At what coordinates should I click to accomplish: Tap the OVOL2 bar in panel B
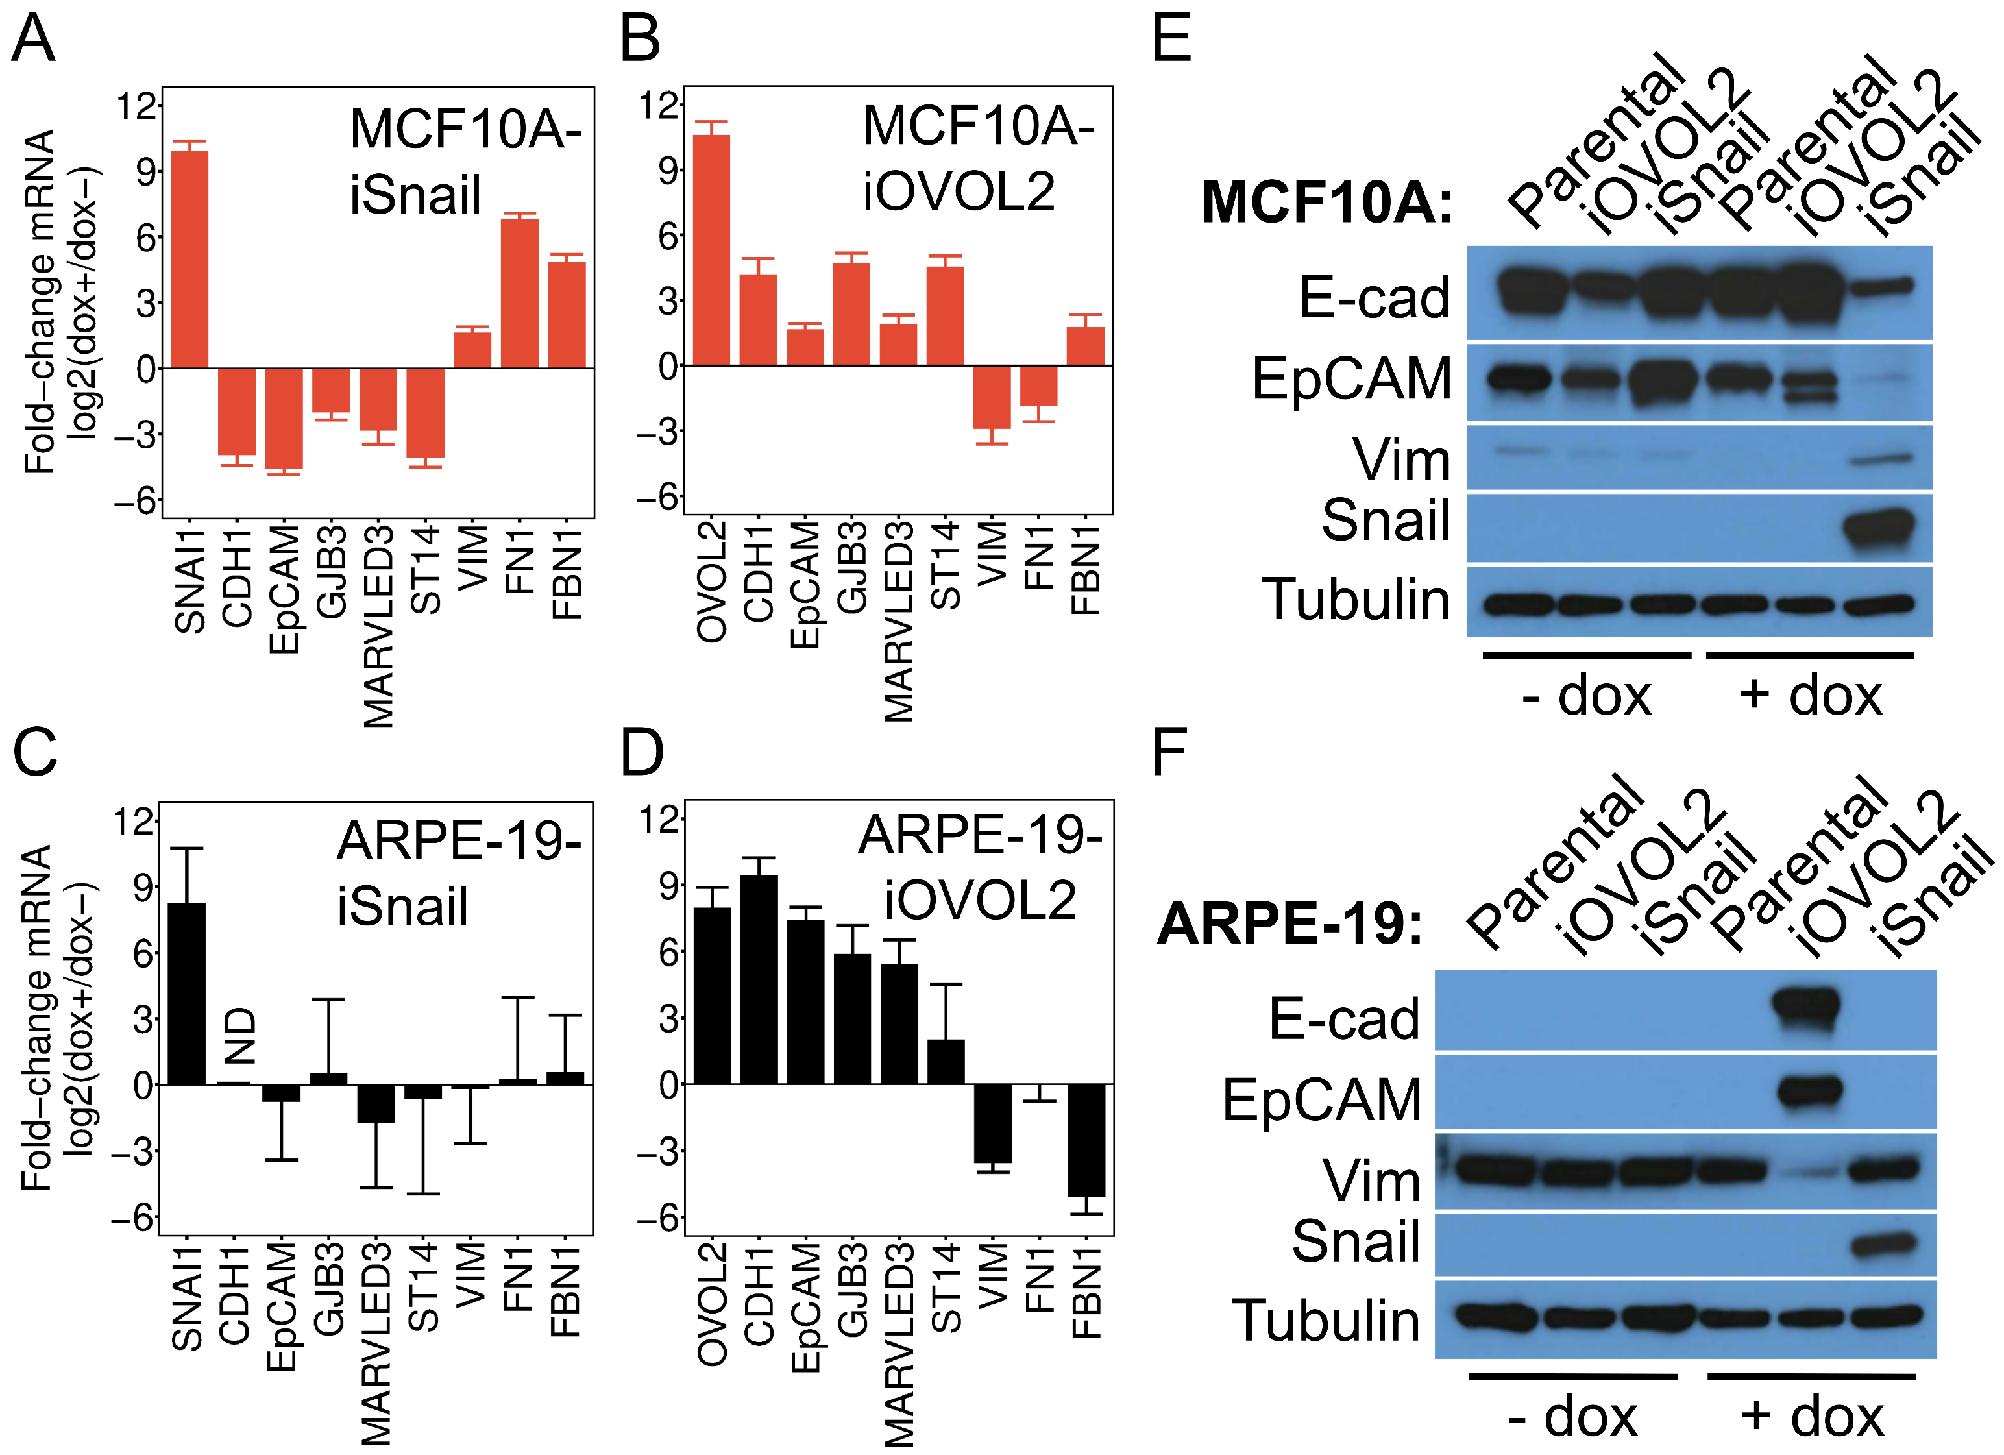pyautogui.click(x=711, y=250)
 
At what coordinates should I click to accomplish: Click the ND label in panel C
pyautogui.click(x=239, y=1035)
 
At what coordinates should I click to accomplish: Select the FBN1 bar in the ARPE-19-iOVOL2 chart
pyautogui.click(x=1086, y=1140)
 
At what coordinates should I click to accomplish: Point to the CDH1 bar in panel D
pyautogui.click(x=759, y=979)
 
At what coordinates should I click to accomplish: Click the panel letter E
pyautogui.click(x=1171, y=39)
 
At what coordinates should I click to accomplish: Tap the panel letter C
pyautogui.click(x=34, y=753)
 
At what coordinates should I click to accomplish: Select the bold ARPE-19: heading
pyautogui.click(x=1290, y=924)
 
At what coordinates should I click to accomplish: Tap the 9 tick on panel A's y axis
pyautogui.click(x=146, y=171)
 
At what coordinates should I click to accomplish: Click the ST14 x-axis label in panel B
pyautogui.click(x=946, y=565)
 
